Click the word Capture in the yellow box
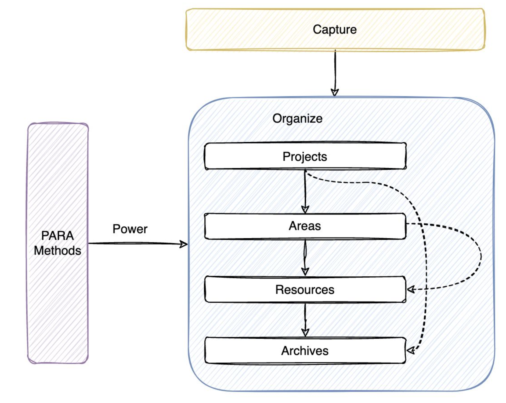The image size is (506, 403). point(334,29)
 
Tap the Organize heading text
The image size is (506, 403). point(297,119)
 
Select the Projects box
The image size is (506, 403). point(305,156)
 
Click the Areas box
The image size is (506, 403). point(305,226)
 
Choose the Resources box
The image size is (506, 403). point(305,290)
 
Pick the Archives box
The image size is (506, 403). point(305,351)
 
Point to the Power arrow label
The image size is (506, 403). point(130,229)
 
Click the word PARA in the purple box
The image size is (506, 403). point(57,236)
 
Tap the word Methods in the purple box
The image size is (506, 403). point(57,251)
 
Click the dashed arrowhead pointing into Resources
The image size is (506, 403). point(411,290)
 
